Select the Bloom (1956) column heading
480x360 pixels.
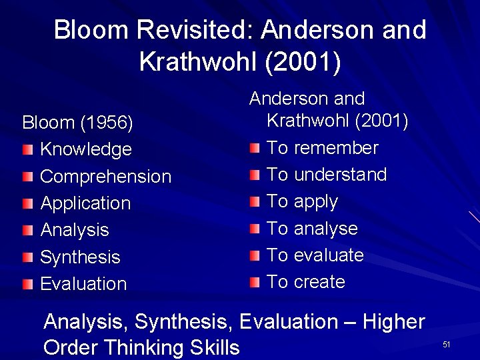click(x=78, y=123)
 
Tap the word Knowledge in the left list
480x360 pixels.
click(x=86, y=149)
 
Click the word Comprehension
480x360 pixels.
click(x=106, y=176)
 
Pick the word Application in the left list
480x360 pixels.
click(x=85, y=203)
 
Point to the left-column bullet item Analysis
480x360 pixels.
click(x=75, y=229)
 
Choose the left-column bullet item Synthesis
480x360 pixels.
click(x=80, y=256)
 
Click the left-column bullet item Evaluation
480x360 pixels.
click(x=83, y=283)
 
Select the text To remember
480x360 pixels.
click(x=323, y=147)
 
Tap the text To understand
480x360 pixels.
click(x=327, y=174)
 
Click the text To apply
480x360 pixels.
click(x=302, y=201)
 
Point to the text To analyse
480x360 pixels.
click(x=312, y=228)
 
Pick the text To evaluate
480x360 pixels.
click(x=315, y=255)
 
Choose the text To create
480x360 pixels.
click(x=306, y=281)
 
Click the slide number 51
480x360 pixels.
click(x=447, y=344)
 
